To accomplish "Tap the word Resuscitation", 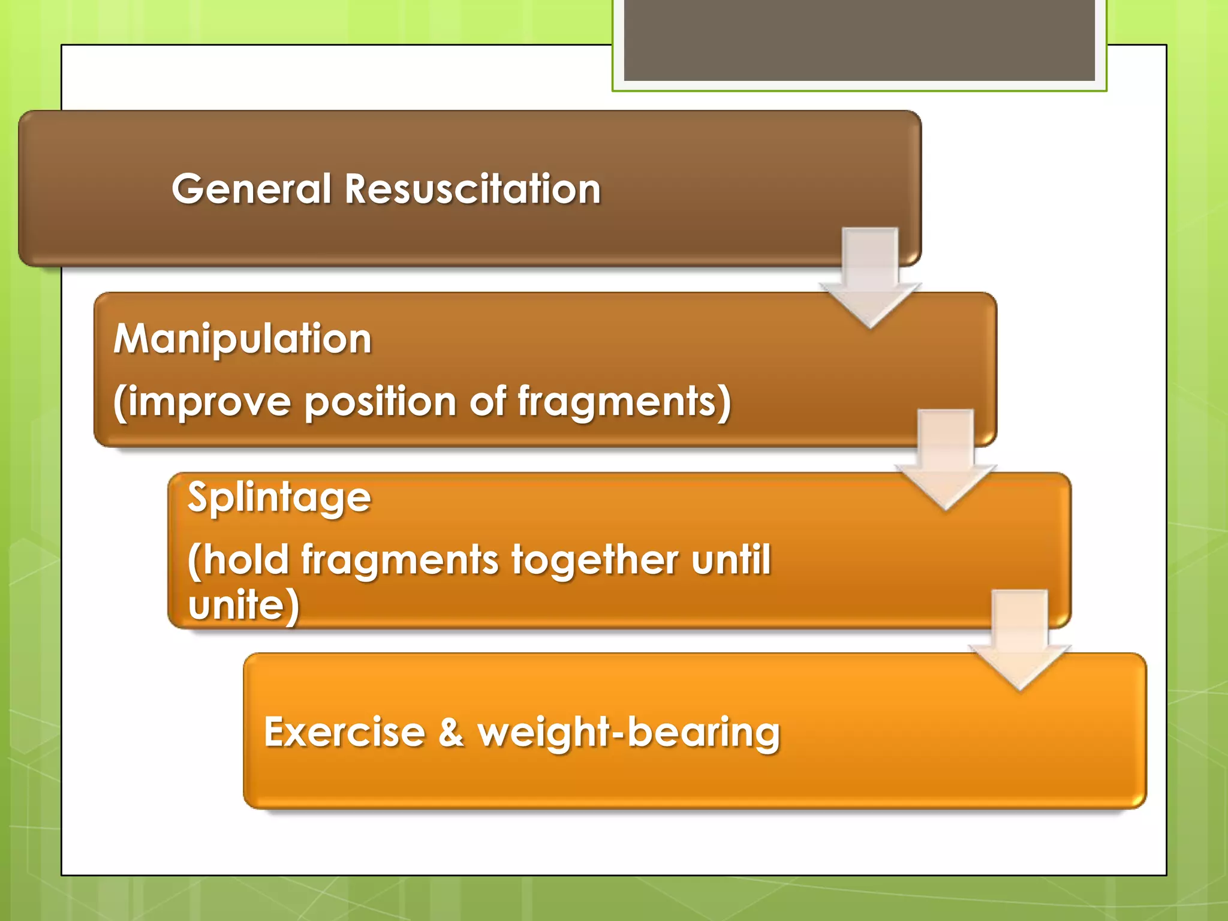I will pos(472,189).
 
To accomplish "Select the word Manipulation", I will pos(243,339).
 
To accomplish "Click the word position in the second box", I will pos(380,402).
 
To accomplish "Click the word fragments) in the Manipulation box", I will pos(624,402).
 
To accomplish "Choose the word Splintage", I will pos(279,498).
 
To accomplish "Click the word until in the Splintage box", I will pos(731,559).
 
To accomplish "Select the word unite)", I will pos(243,604).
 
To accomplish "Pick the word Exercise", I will pos(345,732).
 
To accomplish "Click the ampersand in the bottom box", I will pos(451,732).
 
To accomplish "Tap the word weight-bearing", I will pos(628,733).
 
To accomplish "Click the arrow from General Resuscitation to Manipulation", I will pos(870,276).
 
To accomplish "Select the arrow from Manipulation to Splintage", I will pos(946,459).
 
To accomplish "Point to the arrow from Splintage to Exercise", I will pos(1019,639).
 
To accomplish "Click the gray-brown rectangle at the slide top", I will pos(859,40).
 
